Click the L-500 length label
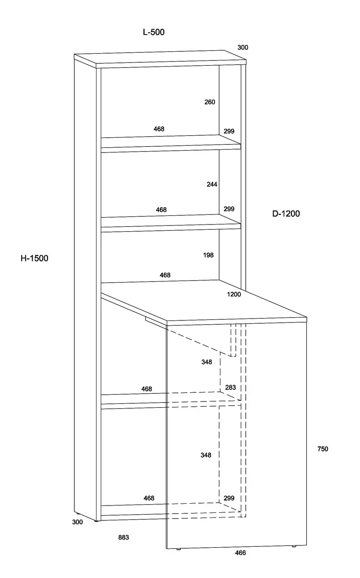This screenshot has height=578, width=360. click(154, 32)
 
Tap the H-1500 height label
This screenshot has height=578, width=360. click(35, 259)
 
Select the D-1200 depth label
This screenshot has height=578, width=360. click(286, 214)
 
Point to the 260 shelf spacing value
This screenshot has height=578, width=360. click(210, 102)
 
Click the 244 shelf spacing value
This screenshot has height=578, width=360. click(212, 184)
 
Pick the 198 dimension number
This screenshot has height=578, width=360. click(208, 255)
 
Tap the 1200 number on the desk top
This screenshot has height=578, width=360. click(234, 295)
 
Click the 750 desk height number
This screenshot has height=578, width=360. click(323, 449)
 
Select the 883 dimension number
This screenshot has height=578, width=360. click(123, 538)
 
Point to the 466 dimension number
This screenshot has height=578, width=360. click(240, 566)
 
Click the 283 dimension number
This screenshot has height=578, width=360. click(230, 388)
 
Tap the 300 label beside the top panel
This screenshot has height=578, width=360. click(243, 47)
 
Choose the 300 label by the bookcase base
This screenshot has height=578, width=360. click(78, 522)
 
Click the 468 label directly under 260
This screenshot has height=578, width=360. click(159, 129)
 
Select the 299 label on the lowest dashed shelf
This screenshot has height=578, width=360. click(229, 498)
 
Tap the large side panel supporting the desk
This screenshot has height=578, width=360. click(235, 436)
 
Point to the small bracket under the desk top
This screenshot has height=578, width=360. click(154, 320)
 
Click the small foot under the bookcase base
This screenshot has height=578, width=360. click(98, 521)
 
